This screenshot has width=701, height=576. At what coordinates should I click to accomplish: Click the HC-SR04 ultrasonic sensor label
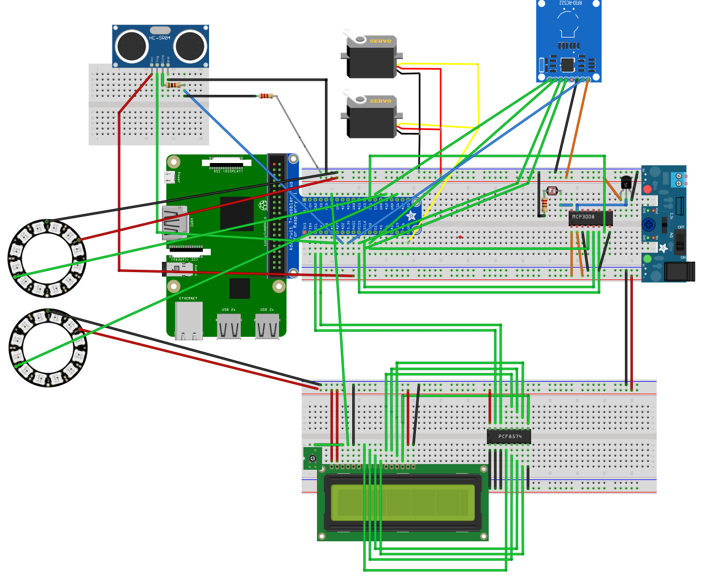tap(160, 38)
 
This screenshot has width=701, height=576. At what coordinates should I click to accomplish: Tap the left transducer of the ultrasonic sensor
tap(132, 46)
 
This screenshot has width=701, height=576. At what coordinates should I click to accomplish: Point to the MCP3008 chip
tap(589, 218)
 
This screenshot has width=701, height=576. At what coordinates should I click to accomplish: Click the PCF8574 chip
tap(509, 437)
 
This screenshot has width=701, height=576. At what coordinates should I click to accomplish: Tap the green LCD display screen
tap(402, 502)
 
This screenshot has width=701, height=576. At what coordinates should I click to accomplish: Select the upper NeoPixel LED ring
tap(47, 258)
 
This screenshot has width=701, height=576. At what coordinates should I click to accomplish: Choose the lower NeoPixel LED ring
tap(48, 348)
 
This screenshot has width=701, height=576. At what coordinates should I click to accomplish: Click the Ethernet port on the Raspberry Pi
tap(189, 320)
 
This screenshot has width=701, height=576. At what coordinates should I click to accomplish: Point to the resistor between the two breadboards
tap(265, 96)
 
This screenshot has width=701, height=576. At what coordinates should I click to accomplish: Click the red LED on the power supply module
tap(647, 189)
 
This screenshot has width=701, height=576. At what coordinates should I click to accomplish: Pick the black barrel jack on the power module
tap(679, 272)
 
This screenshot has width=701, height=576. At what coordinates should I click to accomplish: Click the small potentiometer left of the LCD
tap(312, 458)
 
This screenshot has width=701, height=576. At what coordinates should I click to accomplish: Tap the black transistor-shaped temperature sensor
tap(625, 183)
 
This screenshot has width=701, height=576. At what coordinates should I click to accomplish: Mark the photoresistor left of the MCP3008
tap(551, 191)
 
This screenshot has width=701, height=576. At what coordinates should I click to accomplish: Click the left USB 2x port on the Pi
tap(228, 327)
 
